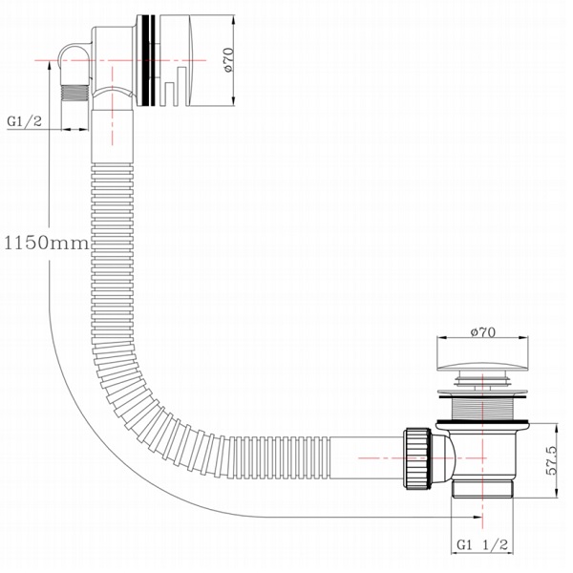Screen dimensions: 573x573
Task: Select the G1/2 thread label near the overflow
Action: pos(24,121)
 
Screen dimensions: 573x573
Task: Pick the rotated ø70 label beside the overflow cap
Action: pos(226,59)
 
